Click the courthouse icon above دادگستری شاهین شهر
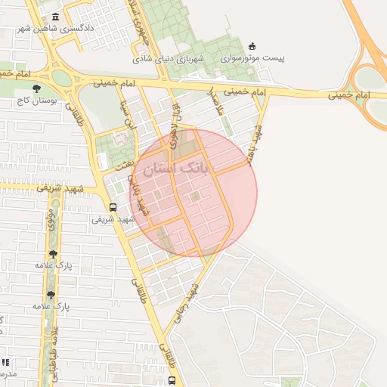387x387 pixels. [x=57, y=17]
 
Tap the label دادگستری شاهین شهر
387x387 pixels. [x=57, y=29]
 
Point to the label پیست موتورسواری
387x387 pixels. [x=252, y=57]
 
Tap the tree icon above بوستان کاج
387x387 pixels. [x=36, y=88]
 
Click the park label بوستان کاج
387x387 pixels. [x=36, y=100]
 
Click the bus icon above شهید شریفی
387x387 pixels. [x=113, y=207]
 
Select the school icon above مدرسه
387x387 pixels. [x=6, y=363]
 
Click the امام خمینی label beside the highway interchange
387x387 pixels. [x=347, y=96]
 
